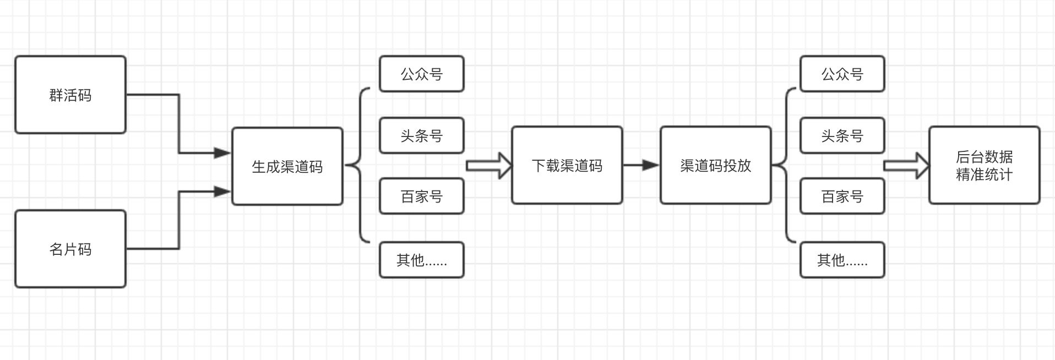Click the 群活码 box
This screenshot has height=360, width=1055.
(70, 95)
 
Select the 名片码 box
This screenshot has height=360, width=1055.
(70, 249)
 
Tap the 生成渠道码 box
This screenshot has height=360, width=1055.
(287, 166)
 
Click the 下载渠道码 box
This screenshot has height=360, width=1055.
(567, 165)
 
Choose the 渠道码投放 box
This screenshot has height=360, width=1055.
(715, 165)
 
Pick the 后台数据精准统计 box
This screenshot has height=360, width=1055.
(984, 165)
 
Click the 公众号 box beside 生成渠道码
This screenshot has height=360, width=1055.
(421, 74)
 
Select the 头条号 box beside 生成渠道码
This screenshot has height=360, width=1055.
(421, 135)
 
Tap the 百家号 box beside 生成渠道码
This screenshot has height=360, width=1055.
(421, 196)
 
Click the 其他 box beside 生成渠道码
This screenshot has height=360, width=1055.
(421, 260)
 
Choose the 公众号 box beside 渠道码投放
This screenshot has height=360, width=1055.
(842, 74)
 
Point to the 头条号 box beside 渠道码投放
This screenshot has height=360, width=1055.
(842, 135)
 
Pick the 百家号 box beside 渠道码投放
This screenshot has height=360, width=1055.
(842, 196)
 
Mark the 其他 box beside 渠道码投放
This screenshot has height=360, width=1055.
(842, 260)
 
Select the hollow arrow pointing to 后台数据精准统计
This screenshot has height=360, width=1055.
(906, 165)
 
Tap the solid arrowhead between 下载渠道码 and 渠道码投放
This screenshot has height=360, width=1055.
(651, 165)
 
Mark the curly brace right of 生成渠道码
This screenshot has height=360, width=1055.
(359, 165)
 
